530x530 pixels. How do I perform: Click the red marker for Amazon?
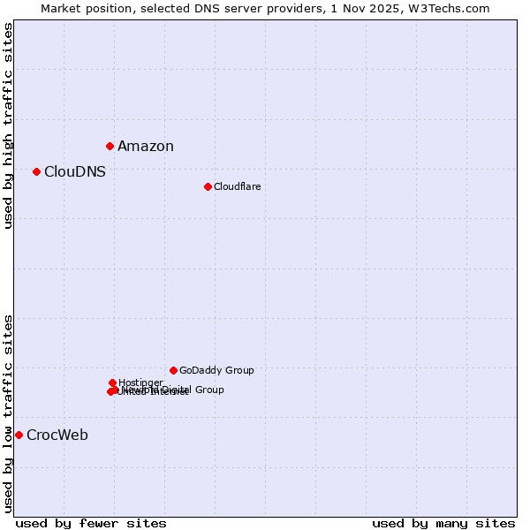(110, 146)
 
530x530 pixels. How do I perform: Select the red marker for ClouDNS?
(36, 171)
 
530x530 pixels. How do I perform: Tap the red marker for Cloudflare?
(208, 186)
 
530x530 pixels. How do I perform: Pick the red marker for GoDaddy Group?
(173, 370)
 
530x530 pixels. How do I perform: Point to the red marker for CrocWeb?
(19, 435)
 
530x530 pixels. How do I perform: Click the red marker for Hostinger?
(113, 382)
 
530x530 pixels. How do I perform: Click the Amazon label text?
(146, 147)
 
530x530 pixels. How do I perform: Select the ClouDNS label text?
(75, 172)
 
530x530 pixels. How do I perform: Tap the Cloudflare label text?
(238, 186)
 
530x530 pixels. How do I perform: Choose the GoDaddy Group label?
(216, 371)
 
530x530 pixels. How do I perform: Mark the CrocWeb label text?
(57, 435)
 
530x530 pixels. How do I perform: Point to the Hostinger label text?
(141, 382)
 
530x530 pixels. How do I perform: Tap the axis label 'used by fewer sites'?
(91, 524)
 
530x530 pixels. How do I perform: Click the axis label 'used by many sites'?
(443, 524)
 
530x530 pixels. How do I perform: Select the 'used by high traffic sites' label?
(9, 126)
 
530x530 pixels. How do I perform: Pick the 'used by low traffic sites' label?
(9, 413)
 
